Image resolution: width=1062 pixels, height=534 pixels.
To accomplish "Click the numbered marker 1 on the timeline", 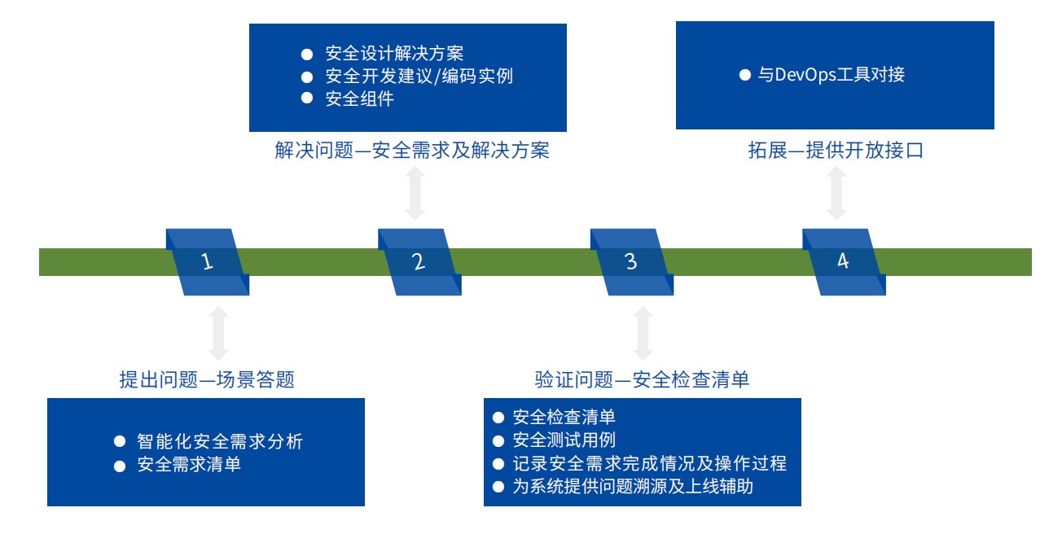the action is (208, 262).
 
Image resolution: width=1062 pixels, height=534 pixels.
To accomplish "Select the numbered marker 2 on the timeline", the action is (419, 262).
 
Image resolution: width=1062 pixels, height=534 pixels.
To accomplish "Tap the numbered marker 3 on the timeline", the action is (632, 262).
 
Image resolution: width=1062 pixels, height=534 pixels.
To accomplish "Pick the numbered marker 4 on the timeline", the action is (844, 262).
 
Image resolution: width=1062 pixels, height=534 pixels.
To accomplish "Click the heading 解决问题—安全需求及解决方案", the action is (412, 151).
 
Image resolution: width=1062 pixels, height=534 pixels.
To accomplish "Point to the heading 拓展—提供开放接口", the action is (836, 151).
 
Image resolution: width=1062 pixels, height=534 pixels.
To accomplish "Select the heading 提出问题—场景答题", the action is (207, 379).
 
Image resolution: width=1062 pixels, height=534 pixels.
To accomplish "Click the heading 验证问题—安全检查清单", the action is (642, 379).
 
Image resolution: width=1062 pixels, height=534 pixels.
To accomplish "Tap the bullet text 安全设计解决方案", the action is (394, 54).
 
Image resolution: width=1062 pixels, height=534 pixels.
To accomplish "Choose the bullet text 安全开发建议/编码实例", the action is (419, 76).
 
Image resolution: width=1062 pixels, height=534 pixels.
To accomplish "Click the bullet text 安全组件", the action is (360, 98).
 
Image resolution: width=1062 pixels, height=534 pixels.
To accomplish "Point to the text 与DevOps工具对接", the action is (832, 74).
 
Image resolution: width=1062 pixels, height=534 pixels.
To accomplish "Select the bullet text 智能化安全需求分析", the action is (220, 441).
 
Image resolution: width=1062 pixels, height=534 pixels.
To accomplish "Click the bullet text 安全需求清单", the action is (189, 464).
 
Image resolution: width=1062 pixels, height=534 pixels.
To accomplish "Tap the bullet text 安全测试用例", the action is (564, 440).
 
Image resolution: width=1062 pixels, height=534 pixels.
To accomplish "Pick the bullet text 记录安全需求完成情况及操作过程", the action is (650, 463).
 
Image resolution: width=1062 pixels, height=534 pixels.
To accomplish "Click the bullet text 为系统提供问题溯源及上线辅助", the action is (633, 486).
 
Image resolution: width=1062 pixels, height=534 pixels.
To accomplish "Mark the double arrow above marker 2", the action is (415, 193).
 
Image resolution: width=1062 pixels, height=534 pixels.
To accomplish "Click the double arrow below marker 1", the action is (218, 333).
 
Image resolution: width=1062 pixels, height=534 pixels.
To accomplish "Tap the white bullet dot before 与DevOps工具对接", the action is (745, 75).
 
